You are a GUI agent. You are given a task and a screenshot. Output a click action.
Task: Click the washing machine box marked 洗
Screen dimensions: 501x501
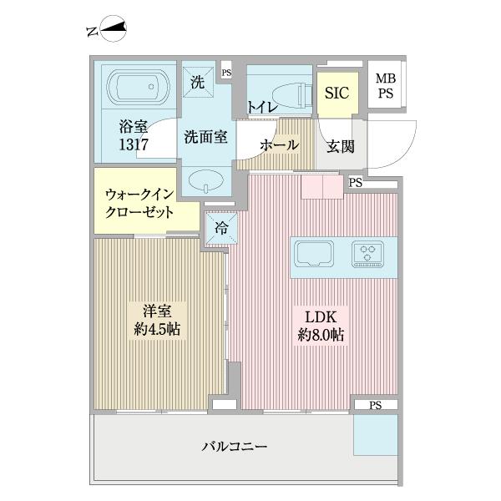197,82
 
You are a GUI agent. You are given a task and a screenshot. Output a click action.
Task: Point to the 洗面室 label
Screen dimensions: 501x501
205,137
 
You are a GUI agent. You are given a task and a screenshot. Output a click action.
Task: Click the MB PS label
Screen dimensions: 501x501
385,86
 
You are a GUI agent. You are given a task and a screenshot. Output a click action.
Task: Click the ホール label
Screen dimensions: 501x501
279,145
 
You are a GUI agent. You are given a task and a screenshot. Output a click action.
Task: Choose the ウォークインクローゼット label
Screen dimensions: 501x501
139,203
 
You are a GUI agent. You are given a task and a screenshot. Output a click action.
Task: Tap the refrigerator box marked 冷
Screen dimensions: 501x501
221,226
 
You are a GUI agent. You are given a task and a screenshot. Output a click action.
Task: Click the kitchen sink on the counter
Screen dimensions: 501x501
314,253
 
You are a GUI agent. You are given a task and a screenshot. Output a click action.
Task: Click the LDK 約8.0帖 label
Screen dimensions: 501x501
322,326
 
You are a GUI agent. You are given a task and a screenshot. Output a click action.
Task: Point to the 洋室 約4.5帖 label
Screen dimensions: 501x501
159,320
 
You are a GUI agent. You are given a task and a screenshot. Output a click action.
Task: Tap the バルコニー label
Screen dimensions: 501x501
235,447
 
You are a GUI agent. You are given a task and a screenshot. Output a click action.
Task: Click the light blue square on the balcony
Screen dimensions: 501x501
375,434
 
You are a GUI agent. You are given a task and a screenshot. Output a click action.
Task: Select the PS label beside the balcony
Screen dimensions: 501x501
373,405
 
